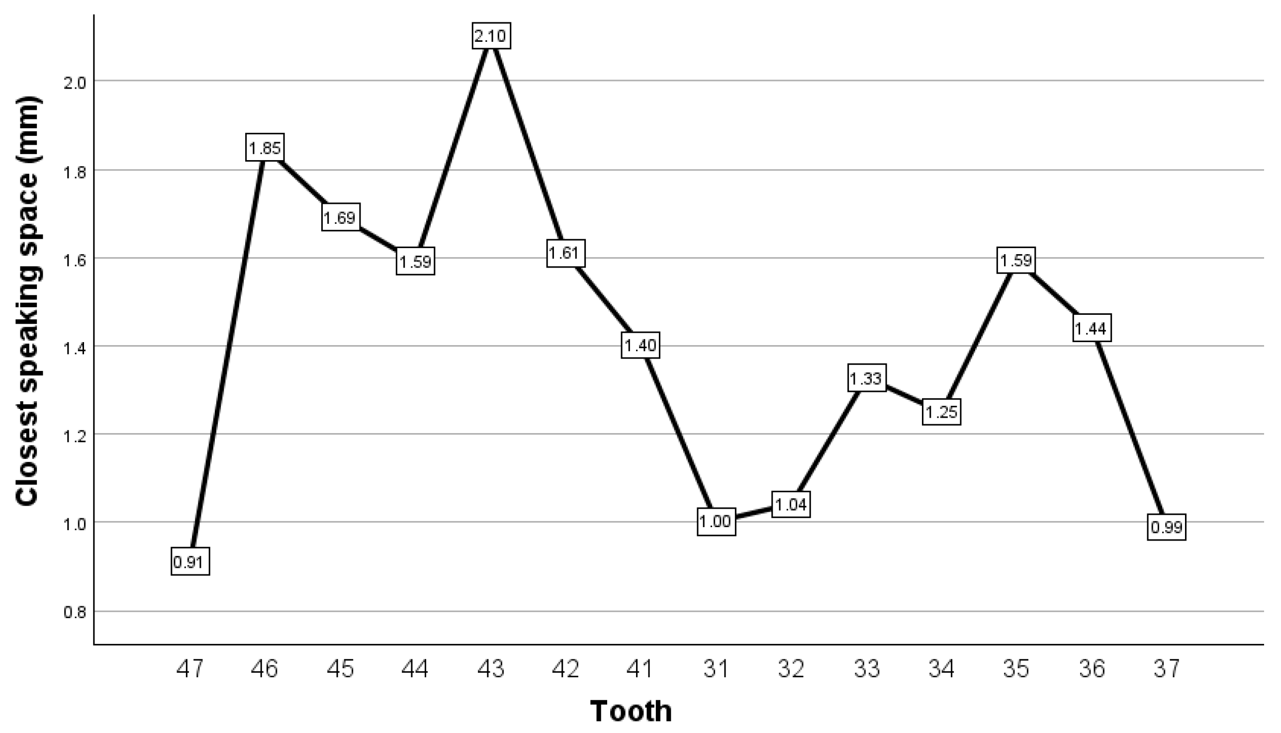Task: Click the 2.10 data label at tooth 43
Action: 491,36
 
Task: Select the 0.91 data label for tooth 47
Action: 190,561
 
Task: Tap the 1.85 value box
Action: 265,148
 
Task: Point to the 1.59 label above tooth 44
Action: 415,261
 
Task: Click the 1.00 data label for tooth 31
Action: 716,522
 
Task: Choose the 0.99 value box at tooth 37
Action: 1167,527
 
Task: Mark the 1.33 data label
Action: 866,378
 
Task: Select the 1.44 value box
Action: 1091,328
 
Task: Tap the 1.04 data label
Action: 791,504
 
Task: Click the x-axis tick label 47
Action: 190,668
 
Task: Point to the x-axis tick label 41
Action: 640,668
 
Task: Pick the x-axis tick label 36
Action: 1092,668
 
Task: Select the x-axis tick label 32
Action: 791,668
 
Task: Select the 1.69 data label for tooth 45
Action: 340,217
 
